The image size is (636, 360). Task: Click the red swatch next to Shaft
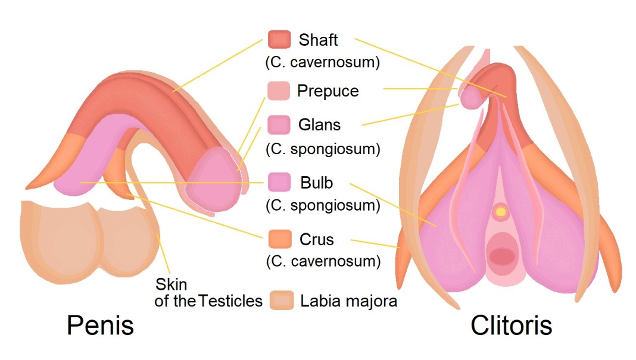click(279, 39)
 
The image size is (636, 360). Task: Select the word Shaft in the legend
click(319, 40)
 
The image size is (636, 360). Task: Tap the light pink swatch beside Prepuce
click(279, 90)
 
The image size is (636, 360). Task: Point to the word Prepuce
click(328, 91)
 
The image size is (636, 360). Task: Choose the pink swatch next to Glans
click(279, 125)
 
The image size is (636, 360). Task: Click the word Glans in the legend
click(320, 125)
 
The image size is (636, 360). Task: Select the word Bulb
click(316, 182)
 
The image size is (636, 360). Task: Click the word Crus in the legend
click(317, 240)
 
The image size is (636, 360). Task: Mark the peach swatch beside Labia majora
click(282, 300)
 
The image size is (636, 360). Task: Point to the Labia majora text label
click(349, 301)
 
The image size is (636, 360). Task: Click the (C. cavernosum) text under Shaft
click(323, 62)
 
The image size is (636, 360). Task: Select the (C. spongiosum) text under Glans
click(323, 148)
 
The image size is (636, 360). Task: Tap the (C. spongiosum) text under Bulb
click(323, 205)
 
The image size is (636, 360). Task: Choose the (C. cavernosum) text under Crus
click(323, 261)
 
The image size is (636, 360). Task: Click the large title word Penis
click(100, 325)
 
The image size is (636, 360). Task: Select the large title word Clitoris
click(511, 325)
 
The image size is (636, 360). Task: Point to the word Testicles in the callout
click(231, 301)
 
